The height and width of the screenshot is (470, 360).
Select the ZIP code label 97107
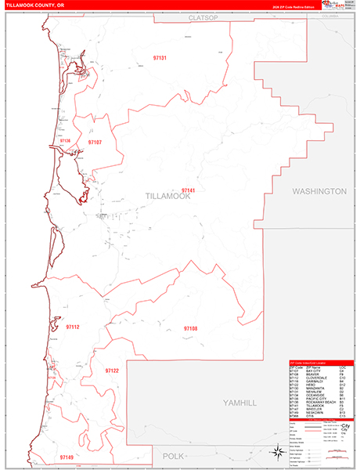click(95, 143)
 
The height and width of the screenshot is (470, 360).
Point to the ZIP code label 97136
click(64, 141)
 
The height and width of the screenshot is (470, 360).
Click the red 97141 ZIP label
click(188, 190)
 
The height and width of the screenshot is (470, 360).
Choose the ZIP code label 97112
click(74, 327)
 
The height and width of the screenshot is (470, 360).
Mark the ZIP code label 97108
click(190, 328)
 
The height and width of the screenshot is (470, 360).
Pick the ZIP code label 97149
click(66, 456)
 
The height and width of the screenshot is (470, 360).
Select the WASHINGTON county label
click(319, 191)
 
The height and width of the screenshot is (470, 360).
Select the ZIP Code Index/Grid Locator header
click(317, 364)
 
